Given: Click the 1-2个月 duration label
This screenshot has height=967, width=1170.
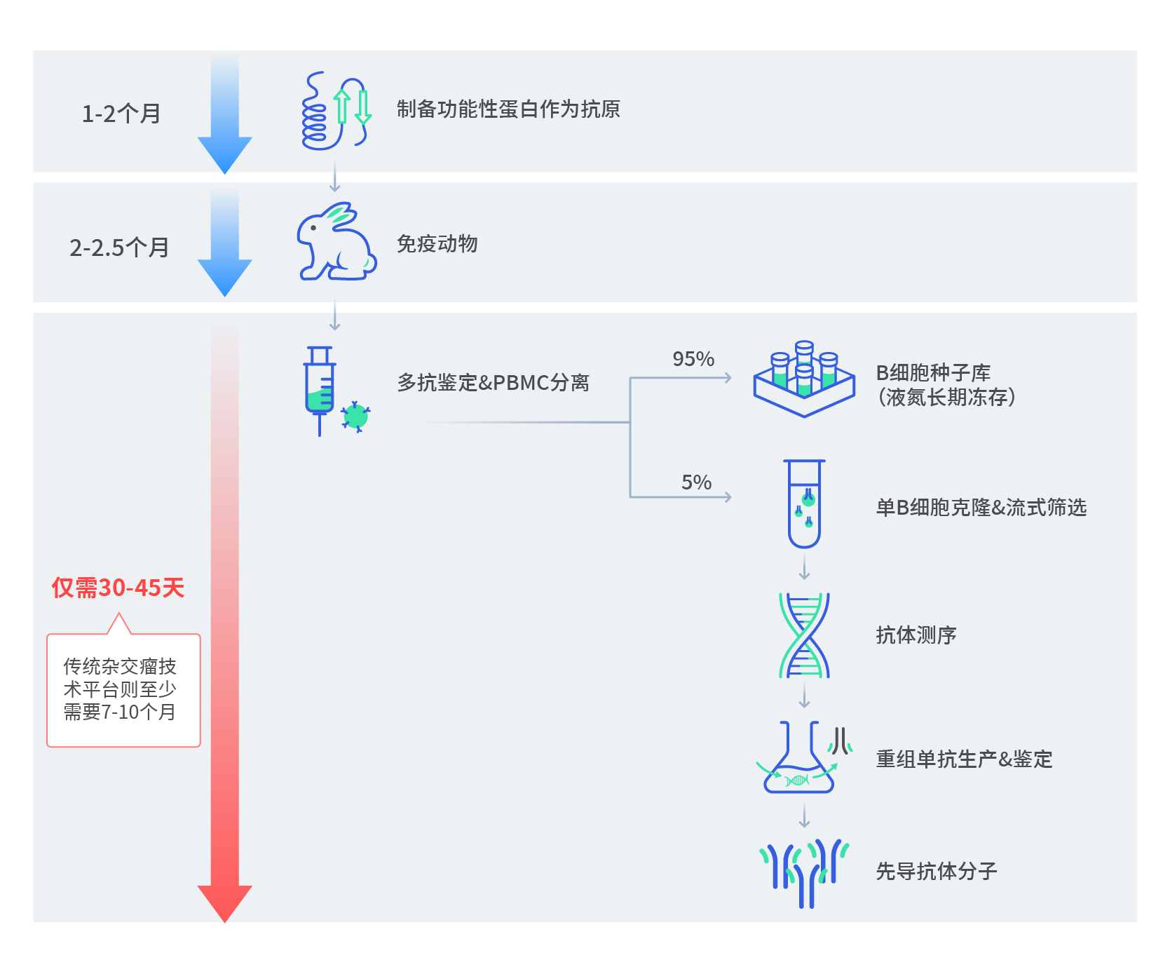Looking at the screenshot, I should (x=121, y=114).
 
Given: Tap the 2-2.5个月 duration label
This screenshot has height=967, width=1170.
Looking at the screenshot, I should (x=119, y=248).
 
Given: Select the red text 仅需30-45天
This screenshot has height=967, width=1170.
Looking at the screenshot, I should (x=118, y=588).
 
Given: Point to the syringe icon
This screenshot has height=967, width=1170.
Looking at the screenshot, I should (x=320, y=389).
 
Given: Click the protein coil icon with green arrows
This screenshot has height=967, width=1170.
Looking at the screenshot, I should (x=335, y=110).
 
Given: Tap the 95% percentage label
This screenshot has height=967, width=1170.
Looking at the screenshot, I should (x=693, y=359).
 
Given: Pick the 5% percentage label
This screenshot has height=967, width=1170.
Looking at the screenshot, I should (x=696, y=482).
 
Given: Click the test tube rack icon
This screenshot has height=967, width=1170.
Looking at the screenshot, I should (x=804, y=379).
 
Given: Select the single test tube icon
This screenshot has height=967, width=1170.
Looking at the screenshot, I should (x=804, y=503).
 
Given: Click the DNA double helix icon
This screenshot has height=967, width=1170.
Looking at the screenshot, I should (x=804, y=635).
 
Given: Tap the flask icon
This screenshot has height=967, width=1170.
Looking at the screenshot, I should (x=799, y=759).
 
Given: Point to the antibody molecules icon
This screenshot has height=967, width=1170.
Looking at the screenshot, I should (x=804, y=872).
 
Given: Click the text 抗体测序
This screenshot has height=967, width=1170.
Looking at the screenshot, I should (x=916, y=635).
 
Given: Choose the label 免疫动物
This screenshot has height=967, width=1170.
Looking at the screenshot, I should (x=437, y=244).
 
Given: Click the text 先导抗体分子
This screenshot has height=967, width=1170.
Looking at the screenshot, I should (x=936, y=872).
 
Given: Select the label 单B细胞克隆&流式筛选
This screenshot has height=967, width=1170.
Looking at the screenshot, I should (x=981, y=508).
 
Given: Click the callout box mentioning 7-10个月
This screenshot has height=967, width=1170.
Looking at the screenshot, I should (x=123, y=690).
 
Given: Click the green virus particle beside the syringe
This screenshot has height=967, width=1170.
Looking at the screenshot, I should (x=355, y=417).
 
